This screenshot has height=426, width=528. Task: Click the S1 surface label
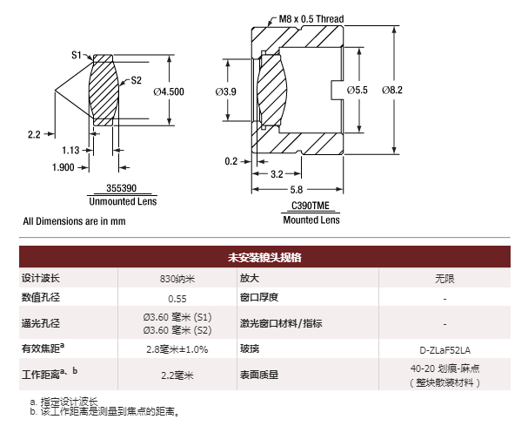pyautogui.click(x=76, y=55)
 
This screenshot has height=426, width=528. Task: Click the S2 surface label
pyautogui.click(x=136, y=80)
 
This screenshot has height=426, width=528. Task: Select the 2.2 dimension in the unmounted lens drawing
pyautogui.click(x=35, y=134)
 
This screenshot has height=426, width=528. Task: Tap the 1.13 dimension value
pyautogui.click(x=70, y=150)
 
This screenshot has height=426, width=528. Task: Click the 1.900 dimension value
pyautogui.click(x=63, y=167)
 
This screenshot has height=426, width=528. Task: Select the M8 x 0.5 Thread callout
pyautogui.click(x=309, y=17)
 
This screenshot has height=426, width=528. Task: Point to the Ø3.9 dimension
pyautogui.click(x=225, y=91)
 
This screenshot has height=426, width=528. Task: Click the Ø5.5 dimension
pyautogui.click(x=358, y=89)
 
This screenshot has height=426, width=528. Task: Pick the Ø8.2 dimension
pyautogui.click(x=393, y=89)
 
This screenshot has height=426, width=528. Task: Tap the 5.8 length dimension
pyautogui.click(x=296, y=189)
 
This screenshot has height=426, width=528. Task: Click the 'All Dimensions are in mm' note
pyautogui.click(x=74, y=221)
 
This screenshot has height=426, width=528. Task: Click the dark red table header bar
pyautogui.click(x=264, y=258)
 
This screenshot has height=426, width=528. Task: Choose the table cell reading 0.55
pyautogui.click(x=177, y=299)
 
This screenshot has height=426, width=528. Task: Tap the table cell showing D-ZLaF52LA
pyautogui.click(x=444, y=349)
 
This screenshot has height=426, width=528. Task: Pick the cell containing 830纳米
pyautogui.click(x=177, y=279)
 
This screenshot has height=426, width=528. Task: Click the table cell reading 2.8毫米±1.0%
pyautogui.click(x=177, y=349)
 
